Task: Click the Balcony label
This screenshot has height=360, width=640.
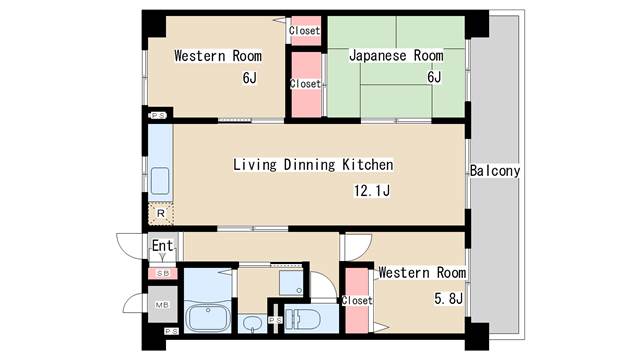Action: [x=495, y=171]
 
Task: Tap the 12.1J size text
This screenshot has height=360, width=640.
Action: [x=369, y=190]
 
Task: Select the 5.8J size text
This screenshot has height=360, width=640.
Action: [x=449, y=297]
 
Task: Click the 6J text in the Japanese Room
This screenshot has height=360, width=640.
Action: [x=434, y=77]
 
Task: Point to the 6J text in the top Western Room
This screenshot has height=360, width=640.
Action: [x=249, y=77]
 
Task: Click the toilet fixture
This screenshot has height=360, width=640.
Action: [x=305, y=319]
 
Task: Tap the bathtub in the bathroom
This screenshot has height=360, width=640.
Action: [x=208, y=318]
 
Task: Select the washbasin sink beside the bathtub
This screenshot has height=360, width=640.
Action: [x=253, y=322]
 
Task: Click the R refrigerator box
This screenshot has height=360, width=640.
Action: [x=160, y=213]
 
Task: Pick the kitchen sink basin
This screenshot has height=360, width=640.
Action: [x=160, y=182]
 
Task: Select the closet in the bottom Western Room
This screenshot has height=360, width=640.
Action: [x=356, y=300]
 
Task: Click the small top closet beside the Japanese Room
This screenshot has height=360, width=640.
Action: [x=305, y=30]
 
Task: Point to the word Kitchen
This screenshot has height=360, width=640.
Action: [x=362, y=164]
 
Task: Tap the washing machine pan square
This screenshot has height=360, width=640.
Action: [x=289, y=281]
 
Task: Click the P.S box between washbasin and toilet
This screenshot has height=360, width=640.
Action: [x=273, y=320]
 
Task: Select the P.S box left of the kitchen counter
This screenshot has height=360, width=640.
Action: [x=158, y=116]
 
